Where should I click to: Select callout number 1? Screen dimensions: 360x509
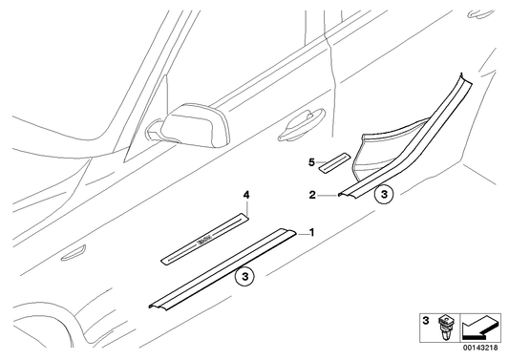309,232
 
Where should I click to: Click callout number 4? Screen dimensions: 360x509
246,196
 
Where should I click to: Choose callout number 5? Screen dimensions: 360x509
310,162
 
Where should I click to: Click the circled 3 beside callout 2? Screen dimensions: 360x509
384,195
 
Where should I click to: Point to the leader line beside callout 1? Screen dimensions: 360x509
297,232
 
